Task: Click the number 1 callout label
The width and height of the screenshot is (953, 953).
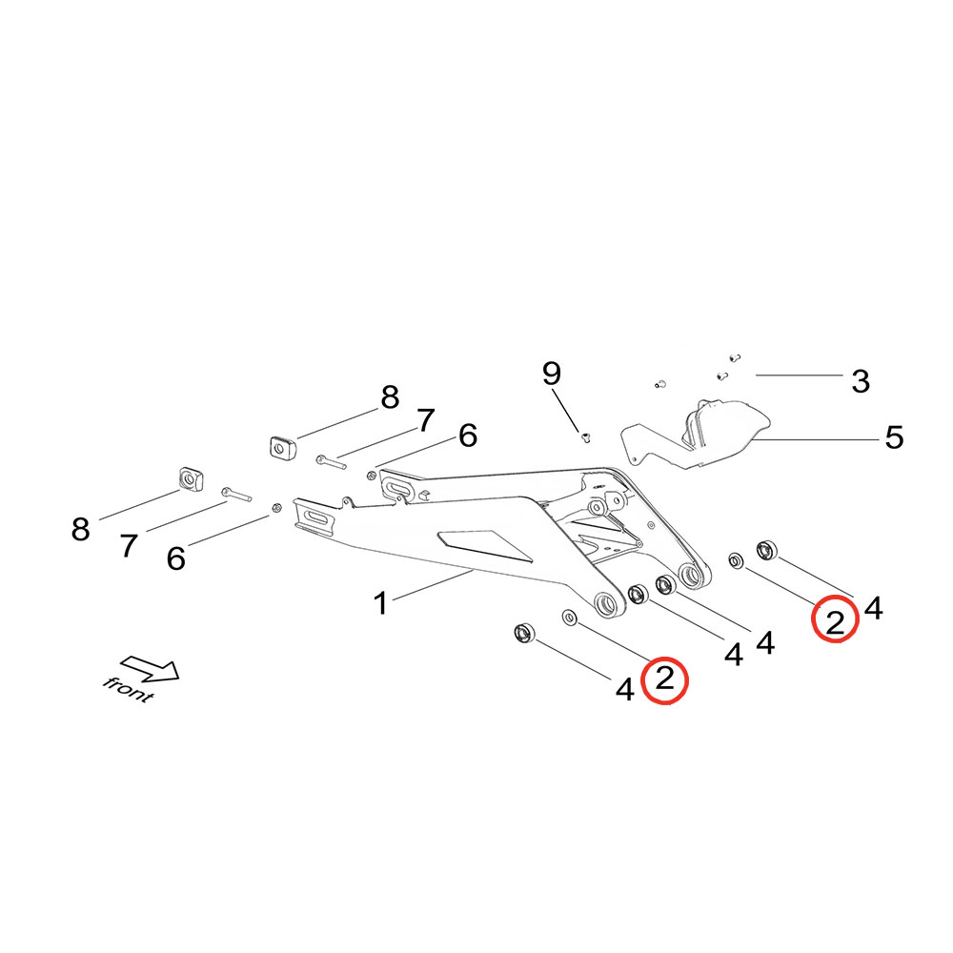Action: (380, 603)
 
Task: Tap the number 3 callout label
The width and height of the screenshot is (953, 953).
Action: (861, 382)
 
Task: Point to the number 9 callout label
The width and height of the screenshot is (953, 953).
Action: (552, 373)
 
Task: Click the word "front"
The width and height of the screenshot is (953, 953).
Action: (129, 688)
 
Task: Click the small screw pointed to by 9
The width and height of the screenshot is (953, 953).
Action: (585, 438)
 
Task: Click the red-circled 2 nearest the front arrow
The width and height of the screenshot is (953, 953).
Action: (665, 679)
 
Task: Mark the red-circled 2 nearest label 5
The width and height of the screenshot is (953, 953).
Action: (835, 621)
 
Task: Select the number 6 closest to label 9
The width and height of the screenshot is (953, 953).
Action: (467, 436)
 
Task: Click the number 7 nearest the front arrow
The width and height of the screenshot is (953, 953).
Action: (129, 546)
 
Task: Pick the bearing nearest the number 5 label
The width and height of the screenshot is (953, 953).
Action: (766, 550)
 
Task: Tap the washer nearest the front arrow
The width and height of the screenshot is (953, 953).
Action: (570, 618)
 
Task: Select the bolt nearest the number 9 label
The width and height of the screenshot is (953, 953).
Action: (329, 460)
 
